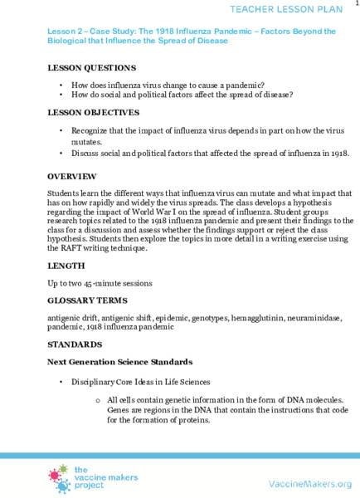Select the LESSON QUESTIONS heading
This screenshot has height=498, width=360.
(x=92, y=67)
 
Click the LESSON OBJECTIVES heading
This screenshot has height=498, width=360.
(x=93, y=112)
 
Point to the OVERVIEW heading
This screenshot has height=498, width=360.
(x=72, y=177)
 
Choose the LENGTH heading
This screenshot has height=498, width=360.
(x=66, y=266)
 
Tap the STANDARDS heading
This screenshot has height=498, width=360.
(x=75, y=344)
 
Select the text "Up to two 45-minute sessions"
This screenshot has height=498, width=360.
(x=100, y=283)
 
